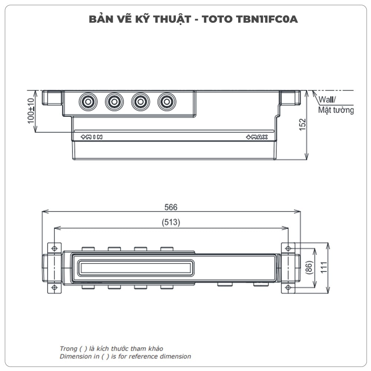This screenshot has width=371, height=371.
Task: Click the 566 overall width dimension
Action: (171, 207)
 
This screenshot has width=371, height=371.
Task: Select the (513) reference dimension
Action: (171, 223)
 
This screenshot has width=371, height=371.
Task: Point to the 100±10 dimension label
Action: (31, 111)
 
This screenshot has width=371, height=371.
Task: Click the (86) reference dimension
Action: (309, 267)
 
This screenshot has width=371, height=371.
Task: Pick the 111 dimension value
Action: (324, 267)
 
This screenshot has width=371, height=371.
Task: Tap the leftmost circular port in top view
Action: (88, 101)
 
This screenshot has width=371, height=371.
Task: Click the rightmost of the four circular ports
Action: (167, 101)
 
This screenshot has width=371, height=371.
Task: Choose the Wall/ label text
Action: (327, 100)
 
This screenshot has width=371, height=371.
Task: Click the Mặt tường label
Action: (336, 110)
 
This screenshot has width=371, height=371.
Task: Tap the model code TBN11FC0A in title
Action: (266, 19)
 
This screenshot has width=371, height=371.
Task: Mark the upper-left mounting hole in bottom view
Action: (54, 248)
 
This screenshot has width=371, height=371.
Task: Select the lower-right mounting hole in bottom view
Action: (288, 288)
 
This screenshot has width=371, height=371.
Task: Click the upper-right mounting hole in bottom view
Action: (288, 248)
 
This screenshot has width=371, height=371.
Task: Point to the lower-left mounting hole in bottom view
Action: (54, 288)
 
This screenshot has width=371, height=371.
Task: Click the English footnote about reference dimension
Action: (125, 357)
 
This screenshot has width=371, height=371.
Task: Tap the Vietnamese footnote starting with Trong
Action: (111, 349)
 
